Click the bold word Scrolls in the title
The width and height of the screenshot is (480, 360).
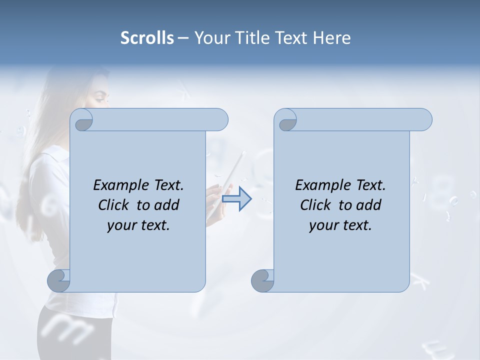click(147, 38)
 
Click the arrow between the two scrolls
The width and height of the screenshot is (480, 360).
click(236, 199)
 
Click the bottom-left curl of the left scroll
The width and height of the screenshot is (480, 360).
click(59, 281)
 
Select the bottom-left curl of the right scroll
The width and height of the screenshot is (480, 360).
click(262, 281)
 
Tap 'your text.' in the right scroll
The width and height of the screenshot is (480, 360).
click(340, 225)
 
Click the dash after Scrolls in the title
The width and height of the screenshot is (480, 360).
click(183, 38)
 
